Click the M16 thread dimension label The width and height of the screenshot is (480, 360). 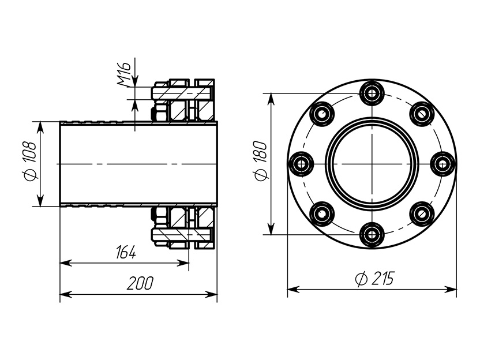pos(124,74)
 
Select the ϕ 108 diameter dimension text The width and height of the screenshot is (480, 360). pos(29,161)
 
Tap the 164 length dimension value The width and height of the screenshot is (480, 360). pos(126,253)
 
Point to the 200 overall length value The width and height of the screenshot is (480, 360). pos(140,283)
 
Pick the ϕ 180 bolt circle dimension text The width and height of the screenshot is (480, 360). pos(260,161)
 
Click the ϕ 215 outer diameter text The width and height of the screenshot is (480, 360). pos(374,279)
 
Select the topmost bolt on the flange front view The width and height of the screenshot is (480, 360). pos(372,92)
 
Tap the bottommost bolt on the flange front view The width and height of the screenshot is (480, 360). pos(372,235)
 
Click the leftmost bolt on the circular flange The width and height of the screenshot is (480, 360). pos(301,164)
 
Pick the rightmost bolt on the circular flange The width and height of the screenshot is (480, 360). pos(442,164)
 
